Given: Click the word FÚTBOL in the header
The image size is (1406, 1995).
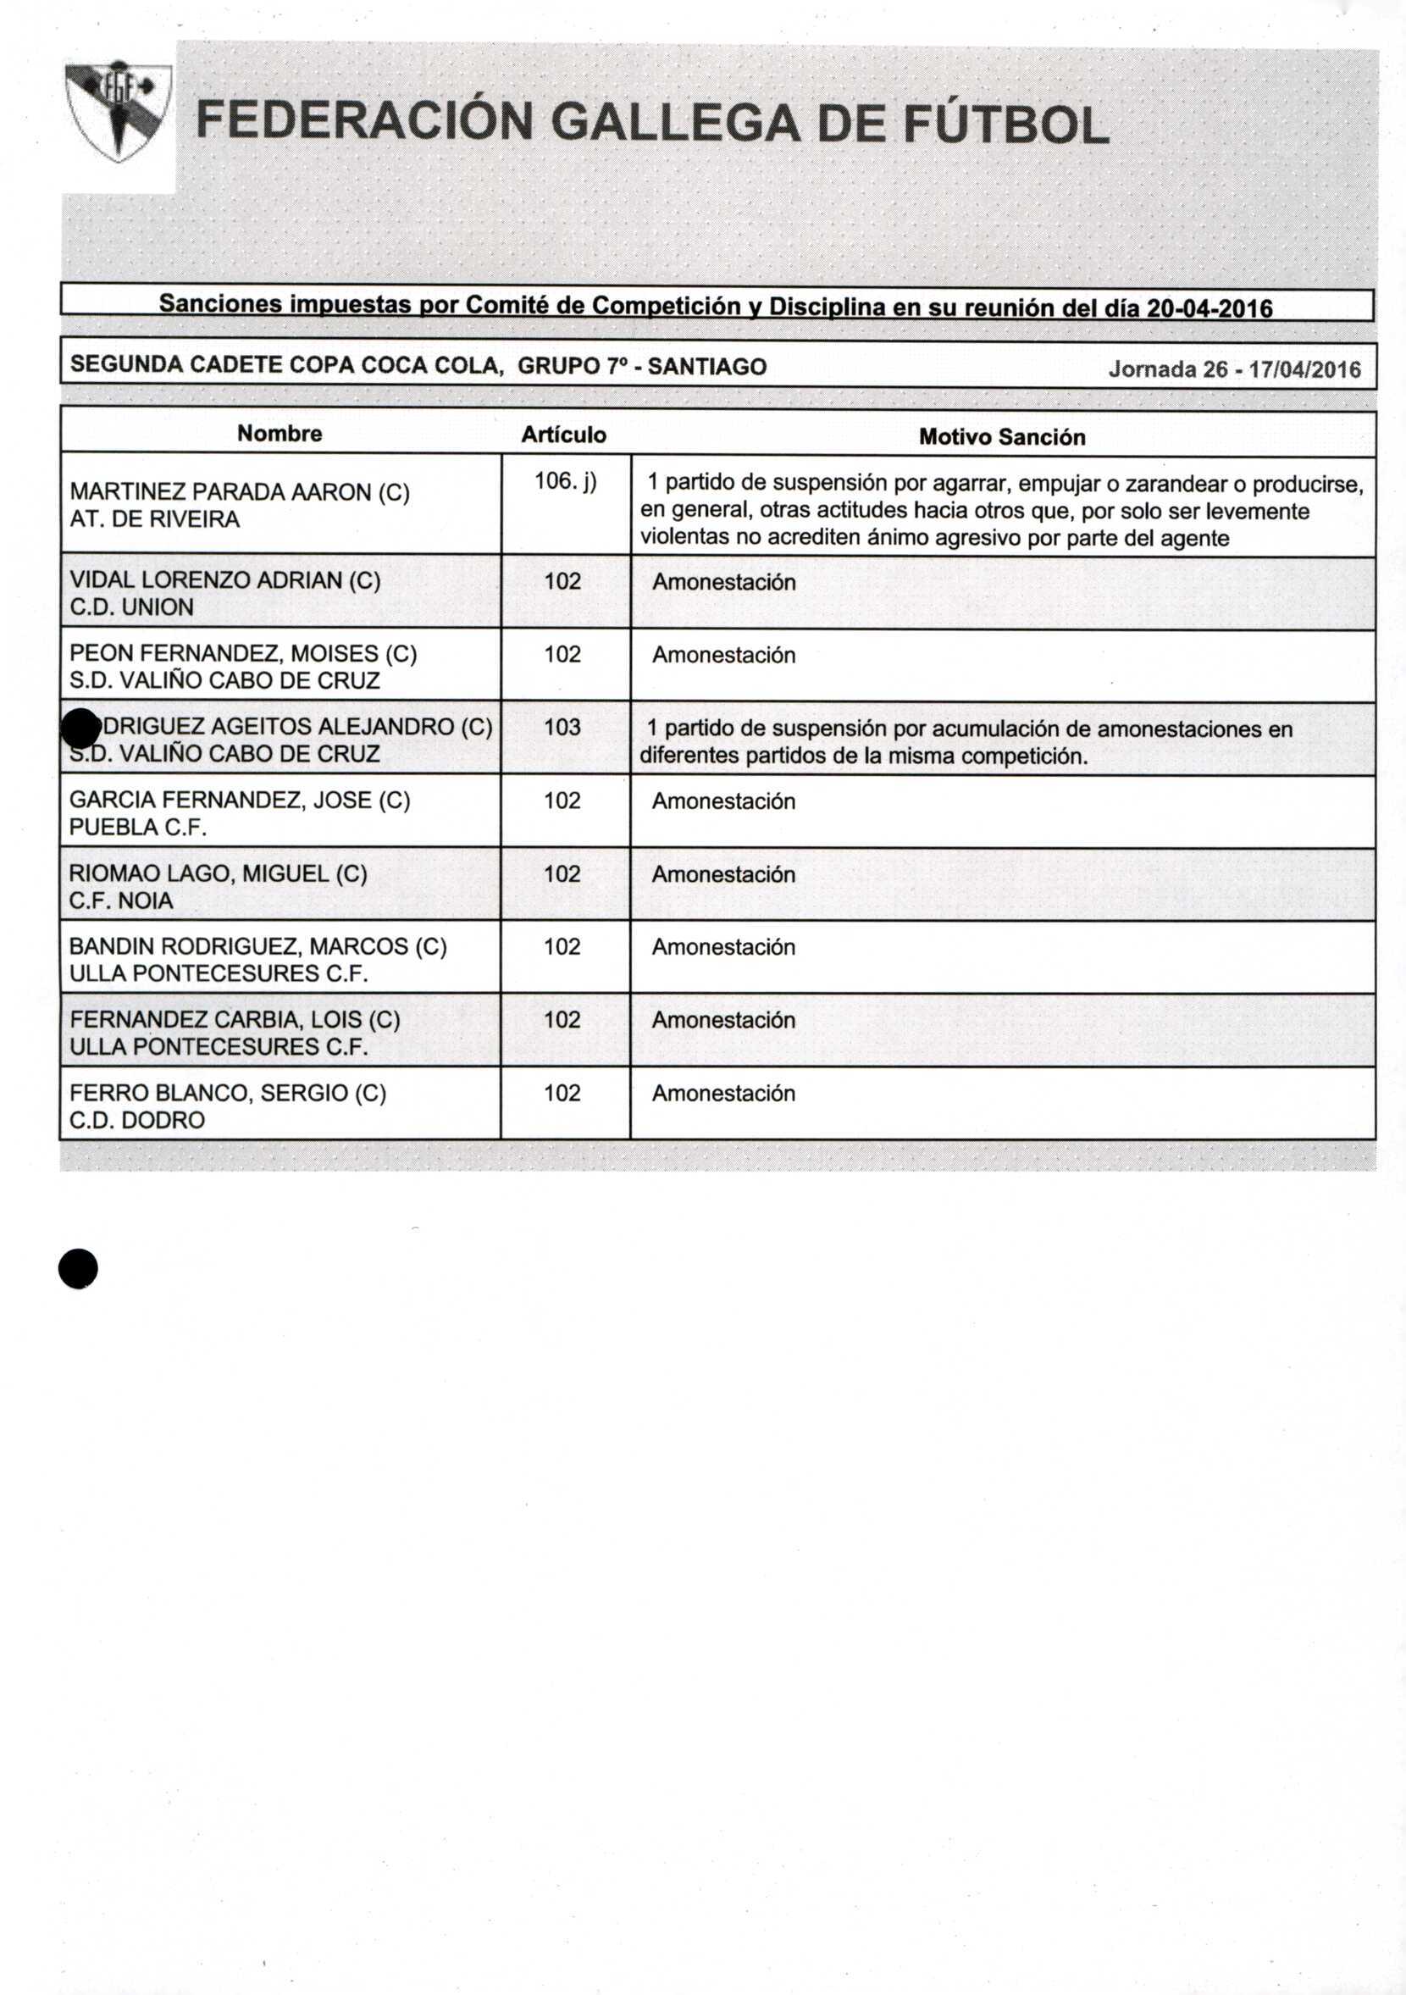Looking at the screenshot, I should (x=1005, y=125).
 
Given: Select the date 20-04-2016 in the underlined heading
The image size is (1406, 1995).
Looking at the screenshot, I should (x=1209, y=308).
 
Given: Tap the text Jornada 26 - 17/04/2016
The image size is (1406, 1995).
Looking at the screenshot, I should (x=1234, y=370).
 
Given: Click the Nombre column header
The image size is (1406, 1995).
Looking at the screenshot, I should (x=280, y=434).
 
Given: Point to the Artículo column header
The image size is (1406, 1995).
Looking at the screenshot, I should (x=563, y=435).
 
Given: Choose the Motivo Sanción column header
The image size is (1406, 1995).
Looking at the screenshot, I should (x=1002, y=437).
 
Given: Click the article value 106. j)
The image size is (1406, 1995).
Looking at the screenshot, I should (x=565, y=480).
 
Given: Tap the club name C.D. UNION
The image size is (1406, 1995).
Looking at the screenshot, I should (x=131, y=607).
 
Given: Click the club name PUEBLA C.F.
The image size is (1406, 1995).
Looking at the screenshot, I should (x=138, y=826).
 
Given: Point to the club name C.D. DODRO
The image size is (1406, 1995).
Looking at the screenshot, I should (x=136, y=1119).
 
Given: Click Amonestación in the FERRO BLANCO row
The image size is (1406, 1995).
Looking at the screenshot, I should (x=723, y=1093).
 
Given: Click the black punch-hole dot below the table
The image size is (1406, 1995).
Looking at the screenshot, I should (x=78, y=1269).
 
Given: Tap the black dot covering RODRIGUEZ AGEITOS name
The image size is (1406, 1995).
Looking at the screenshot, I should (x=80, y=728).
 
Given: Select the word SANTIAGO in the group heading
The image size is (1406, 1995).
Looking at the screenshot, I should (x=706, y=367).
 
